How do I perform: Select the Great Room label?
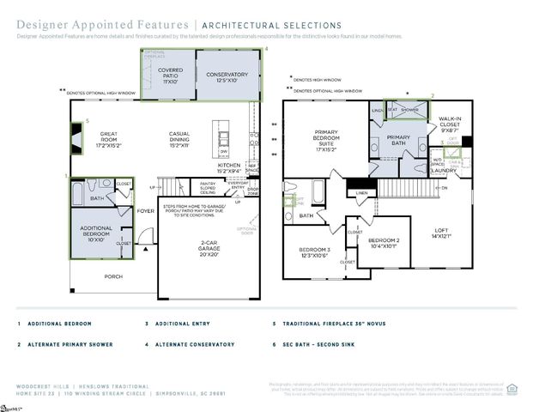[x=110, y=136]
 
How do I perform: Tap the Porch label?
[x=113, y=276]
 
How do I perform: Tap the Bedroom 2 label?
[x=384, y=243]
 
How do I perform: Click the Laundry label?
[x=444, y=170]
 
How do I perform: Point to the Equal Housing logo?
[x=512, y=388]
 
